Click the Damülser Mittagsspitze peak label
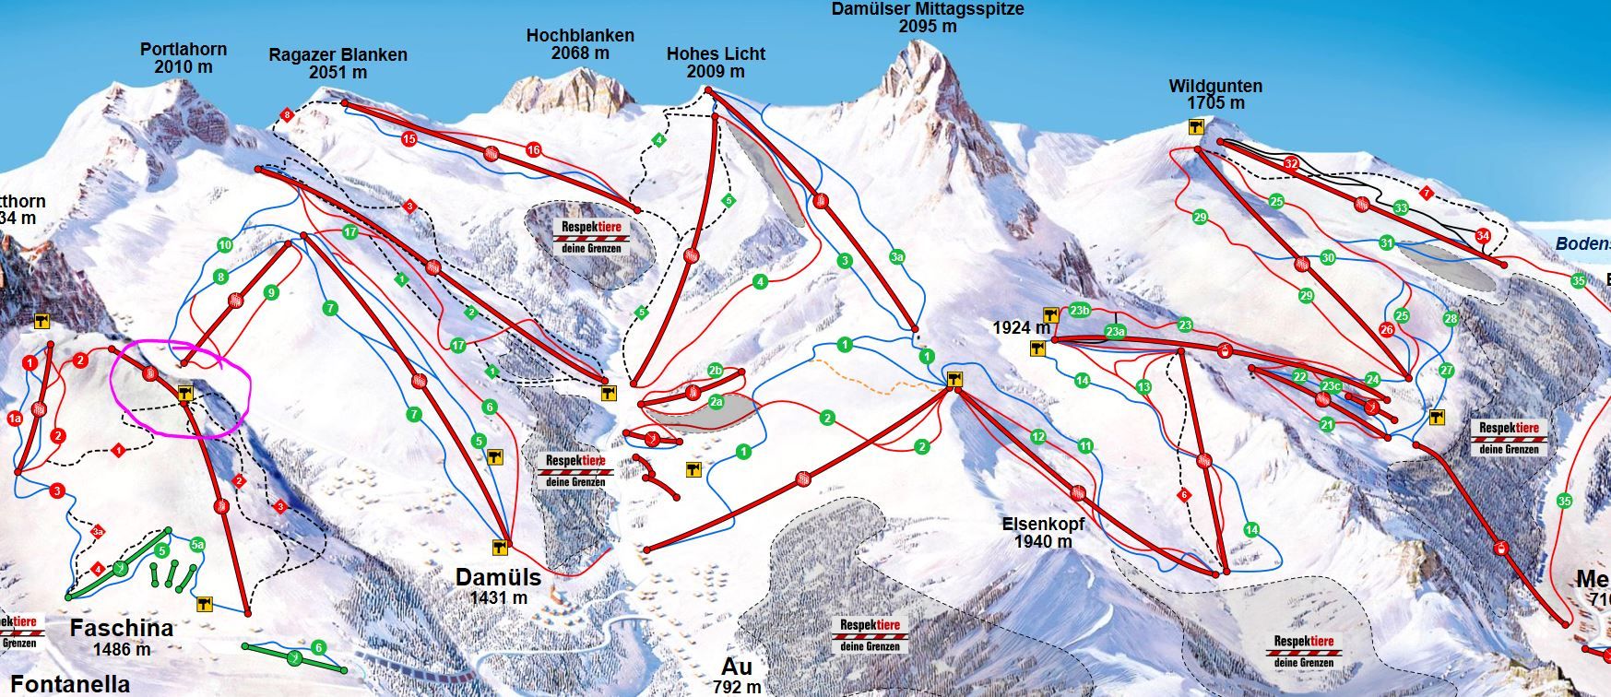pyautogui.click(x=927, y=18)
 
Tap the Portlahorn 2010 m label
pyautogui.click(x=184, y=58)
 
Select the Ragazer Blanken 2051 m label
pyautogui.click(x=338, y=64)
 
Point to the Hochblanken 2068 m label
pyautogui.click(x=580, y=44)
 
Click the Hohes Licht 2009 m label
pyautogui.click(x=716, y=63)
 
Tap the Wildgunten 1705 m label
pyautogui.click(x=1215, y=94)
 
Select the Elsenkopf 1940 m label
pyautogui.click(x=1043, y=532)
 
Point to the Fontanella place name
pyautogui.click(x=70, y=683)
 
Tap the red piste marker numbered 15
pyautogui.click(x=409, y=138)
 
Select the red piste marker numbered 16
pyautogui.click(x=533, y=149)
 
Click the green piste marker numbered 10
pyautogui.click(x=225, y=245)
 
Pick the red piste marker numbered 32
pyautogui.click(x=1291, y=164)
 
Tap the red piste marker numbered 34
pyautogui.click(x=1482, y=235)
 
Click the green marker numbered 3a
pyautogui.click(x=896, y=257)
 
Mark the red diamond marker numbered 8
pyautogui.click(x=287, y=115)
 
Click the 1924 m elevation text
pyautogui.click(x=1021, y=327)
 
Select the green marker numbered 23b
pyautogui.click(x=1081, y=310)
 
